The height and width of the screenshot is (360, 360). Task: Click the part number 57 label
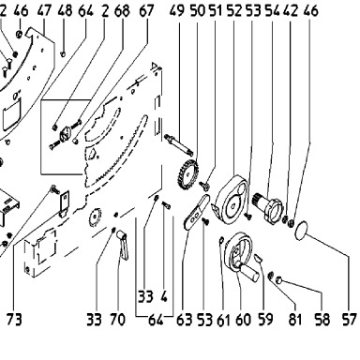click(x=349, y=320)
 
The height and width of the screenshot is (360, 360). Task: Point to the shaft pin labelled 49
click(x=179, y=144)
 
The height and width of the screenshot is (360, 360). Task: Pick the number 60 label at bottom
click(x=243, y=320)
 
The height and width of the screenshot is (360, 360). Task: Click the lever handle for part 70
click(x=123, y=245)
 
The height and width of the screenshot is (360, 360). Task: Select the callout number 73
click(x=14, y=320)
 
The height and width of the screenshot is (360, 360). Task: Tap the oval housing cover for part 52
click(x=232, y=200)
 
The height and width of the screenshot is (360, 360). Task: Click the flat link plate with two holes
click(x=196, y=212)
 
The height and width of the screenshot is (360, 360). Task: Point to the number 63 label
click(x=184, y=320)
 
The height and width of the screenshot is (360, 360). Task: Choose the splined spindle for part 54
click(x=267, y=205)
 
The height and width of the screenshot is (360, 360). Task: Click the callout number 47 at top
click(x=44, y=10)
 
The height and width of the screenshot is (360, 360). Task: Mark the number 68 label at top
click(x=122, y=10)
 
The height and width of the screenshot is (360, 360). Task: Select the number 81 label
click(x=295, y=320)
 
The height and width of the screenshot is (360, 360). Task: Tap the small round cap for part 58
click(x=279, y=280)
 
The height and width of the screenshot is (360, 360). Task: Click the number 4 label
click(x=164, y=296)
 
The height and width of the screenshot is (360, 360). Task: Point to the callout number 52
click(x=234, y=10)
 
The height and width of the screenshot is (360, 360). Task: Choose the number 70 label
click(x=117, y=320)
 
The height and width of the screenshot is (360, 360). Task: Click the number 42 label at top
click(x=291, y=10)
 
